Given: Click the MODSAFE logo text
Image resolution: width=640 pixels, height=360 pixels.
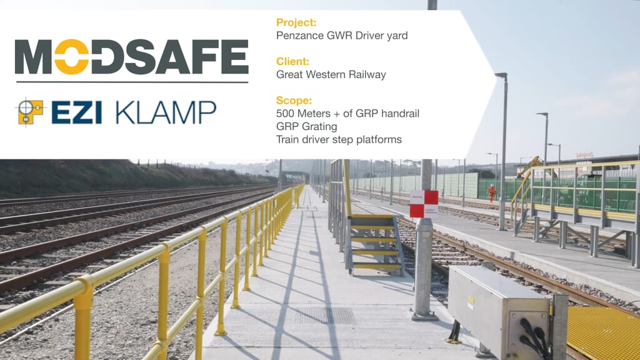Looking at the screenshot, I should [x=131, y=57].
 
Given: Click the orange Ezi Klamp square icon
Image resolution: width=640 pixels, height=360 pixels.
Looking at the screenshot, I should [x=30, y=112].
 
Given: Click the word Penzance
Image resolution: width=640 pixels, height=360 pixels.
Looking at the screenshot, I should [x=297, y=36].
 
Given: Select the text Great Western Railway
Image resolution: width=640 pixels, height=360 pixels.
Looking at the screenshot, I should [x=331, y=75].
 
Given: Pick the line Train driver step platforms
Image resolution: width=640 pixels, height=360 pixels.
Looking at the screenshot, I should [x=339, y=139].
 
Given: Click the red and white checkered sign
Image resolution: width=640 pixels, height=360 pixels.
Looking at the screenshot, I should [x=424, y=204].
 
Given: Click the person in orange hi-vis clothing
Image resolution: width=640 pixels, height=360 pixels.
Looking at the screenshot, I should [x=492, y=192].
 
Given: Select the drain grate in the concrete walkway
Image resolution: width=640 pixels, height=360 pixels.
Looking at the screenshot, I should [x=326, y=315].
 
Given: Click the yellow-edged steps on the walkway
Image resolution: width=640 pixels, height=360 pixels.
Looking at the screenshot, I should [x=375, y=244].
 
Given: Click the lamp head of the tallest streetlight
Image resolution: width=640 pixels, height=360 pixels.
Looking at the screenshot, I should [x=500, y=75].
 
